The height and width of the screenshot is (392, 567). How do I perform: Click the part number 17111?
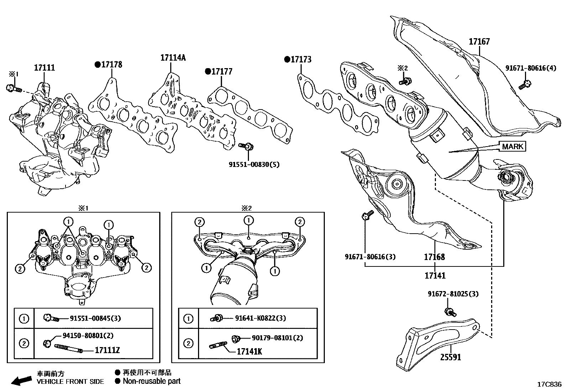pyautogui.click(x=45, y=67)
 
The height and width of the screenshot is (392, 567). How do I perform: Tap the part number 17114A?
pyautogui.click(x=173, y=58)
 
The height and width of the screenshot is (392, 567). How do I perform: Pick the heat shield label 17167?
pyautogui.click(x=479, y=42)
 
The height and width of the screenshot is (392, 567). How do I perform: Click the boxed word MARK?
pyautogui.click(x=513, y=146)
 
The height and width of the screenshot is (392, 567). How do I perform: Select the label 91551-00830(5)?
pyautogui.click(x=254, y=164)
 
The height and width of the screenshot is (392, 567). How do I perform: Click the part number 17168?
pyautogui.click(x=435, y=257)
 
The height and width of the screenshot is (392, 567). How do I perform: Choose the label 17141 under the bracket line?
pyautogui.click(x=435, y=275)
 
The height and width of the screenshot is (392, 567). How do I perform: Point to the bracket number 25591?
pyautogui.click(x=451, y=357)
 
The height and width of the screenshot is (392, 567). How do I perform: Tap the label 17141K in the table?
pyautogui.click(x=249, y=351)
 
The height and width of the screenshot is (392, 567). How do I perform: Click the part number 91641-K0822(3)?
pyautogui.click(x=260, y=318)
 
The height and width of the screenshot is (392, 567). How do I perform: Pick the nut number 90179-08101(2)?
pyautogui.click(x=277, y=338)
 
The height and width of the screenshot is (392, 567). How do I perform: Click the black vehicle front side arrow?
pyautogui.click(x=21, y=381)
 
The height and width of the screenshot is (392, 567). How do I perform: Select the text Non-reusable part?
pyautogui.click(x=151, y=381)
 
